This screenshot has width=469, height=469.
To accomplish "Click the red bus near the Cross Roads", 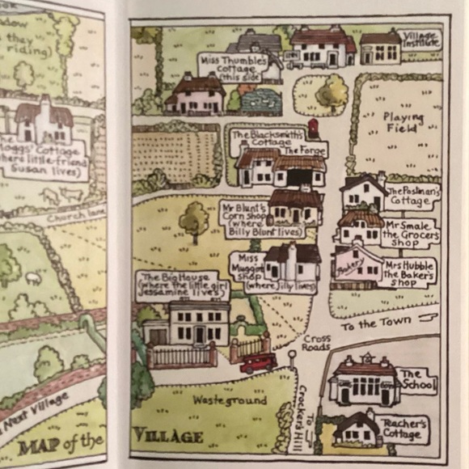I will point(258,362).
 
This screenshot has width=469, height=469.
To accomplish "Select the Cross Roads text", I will point(317,342).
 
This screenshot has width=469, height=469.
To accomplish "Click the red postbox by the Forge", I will point(312,128).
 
